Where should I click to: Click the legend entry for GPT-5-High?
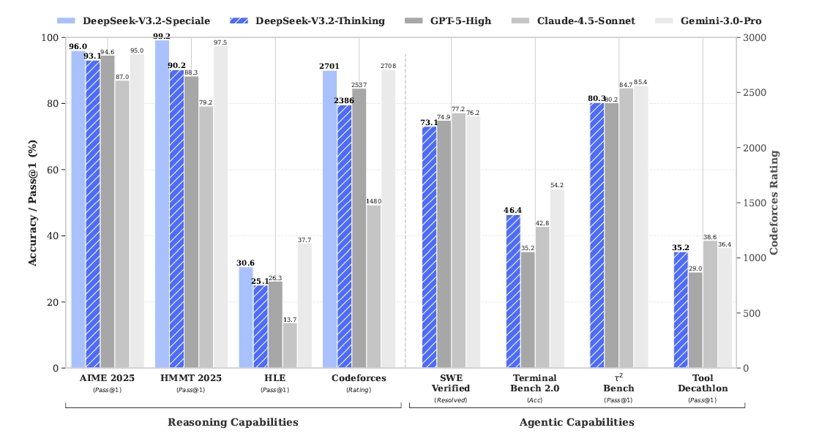click(x=448, y=21)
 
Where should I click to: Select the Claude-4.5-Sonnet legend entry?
click(x=573, y=21)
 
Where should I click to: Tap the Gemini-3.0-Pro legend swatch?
click(x=664, y=21)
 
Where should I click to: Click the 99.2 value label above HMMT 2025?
click(x=162, y=36)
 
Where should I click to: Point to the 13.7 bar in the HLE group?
click(x=290, y=345)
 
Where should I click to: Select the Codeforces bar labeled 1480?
click(x=374, y=287)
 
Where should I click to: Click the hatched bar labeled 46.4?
click(x=513, y=291)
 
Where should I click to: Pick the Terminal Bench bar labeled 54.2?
click(x=557, y=279)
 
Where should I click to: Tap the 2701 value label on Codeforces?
click(x=329, y=66)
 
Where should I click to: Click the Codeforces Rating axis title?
click(x=774, y=203)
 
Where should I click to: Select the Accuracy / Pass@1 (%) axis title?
click(x=32, y=203)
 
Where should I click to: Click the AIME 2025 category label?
click(x=107, y=378)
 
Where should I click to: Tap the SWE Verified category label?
click(x=451, y=383)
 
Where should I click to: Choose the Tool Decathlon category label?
click(x=703, y=383)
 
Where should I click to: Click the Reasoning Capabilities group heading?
click(x=233, y=422)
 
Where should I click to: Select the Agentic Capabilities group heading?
click(x=577, y=422)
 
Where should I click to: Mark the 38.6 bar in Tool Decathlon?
click(x=710, y=304)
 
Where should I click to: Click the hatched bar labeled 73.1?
click(x=430, y=247)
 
